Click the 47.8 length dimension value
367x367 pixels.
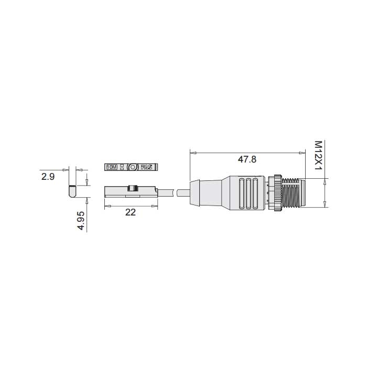[247, 160]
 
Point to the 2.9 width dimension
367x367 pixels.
[48, 177]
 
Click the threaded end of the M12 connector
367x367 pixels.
[294, 193]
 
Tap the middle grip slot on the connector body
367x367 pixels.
[248, 193]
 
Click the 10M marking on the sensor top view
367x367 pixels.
[112, 168]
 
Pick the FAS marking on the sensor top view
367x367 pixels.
[147, 168]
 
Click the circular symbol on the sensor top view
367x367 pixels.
[132, 168]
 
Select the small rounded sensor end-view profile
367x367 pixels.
[73, 191]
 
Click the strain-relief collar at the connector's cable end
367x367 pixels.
[195, 192]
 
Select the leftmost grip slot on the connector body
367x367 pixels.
[241, 193]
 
